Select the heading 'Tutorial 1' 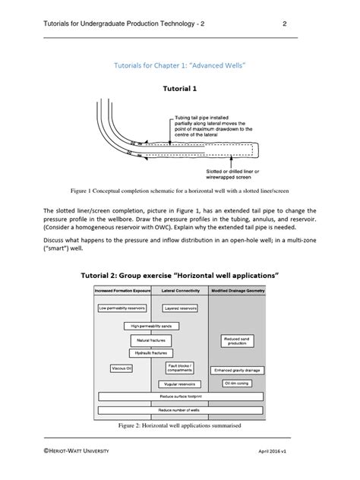coord(180,87)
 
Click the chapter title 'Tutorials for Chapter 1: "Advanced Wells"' coord(180,66)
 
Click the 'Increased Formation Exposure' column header coord(123,292)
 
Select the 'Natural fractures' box coord(151,339)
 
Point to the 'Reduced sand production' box coord(238,341)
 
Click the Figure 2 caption coord(180,426)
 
